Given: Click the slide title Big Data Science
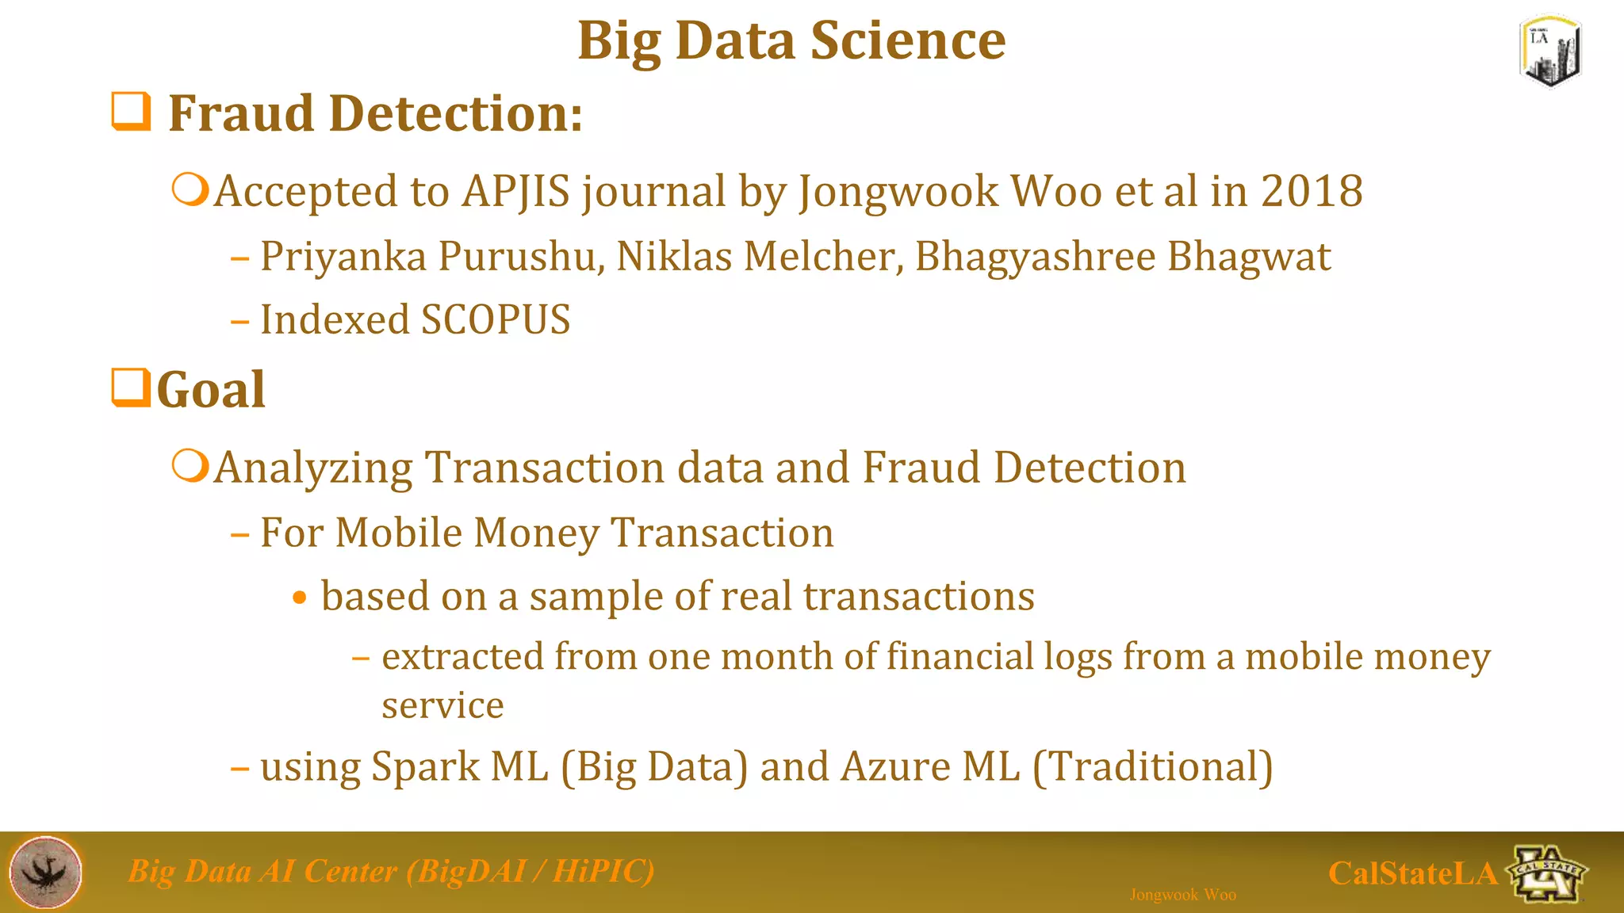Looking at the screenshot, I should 791,41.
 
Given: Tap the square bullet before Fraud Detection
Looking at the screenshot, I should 131,111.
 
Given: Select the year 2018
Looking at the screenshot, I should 1312,192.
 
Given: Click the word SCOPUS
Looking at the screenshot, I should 495,320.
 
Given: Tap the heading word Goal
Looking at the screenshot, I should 211,390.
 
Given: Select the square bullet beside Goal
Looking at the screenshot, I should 131,388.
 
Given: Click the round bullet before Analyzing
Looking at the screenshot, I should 190,466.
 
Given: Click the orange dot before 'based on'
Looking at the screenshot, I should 299,598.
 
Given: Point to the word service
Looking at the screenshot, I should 442,705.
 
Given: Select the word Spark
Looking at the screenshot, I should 425,767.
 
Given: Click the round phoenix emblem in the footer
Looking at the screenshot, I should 46,872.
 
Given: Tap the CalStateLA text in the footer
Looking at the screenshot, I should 1412,873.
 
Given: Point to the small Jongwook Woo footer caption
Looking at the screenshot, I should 1182,895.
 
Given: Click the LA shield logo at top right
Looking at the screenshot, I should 1550,52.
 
